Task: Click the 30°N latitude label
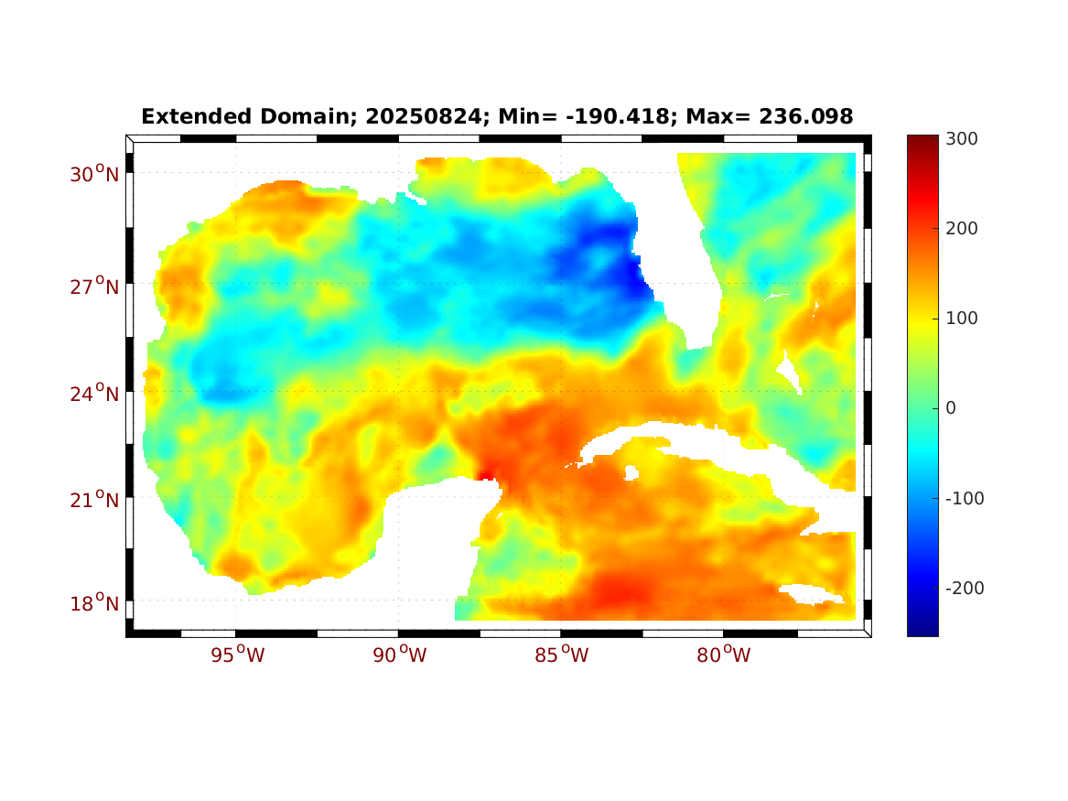[x=94, y=174]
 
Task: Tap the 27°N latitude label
[x=94, y=287]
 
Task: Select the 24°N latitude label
[x=94, y=394]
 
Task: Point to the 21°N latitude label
[x=94, y=500]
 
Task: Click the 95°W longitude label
[x=237, y=655]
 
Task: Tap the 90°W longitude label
[x=399, y=655]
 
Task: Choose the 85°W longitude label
[x=561, y=655]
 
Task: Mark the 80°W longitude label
[x=723, y=655]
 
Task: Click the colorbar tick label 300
[x=962, y=138]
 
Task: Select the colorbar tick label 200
[x=962, y=228]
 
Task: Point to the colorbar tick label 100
[x=962, y=318]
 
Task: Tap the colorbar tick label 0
[x=951, y=407]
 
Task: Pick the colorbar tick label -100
[x=964, y=498]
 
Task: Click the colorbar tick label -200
[x=964, y=588]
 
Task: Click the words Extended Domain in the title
[x=246, y=117]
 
